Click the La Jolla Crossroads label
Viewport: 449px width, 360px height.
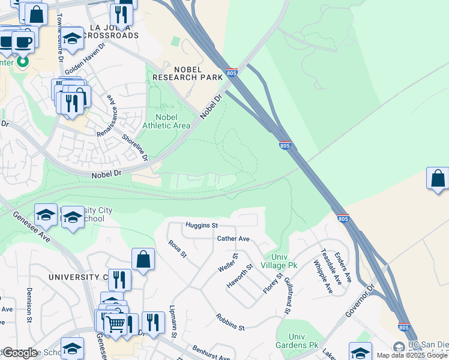(113, 31)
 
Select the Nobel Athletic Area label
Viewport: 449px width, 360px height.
(166, 121)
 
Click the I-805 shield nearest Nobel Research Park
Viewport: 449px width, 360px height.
(232, 73)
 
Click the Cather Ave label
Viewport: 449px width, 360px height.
(233, 238)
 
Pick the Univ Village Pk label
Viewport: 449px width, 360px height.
(280, 261)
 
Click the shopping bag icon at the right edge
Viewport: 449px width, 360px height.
(438, 179)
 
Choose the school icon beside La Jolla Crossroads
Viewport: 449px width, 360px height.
(72, 38)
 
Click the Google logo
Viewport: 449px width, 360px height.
(19, 353)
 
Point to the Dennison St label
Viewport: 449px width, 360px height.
(29, 305)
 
